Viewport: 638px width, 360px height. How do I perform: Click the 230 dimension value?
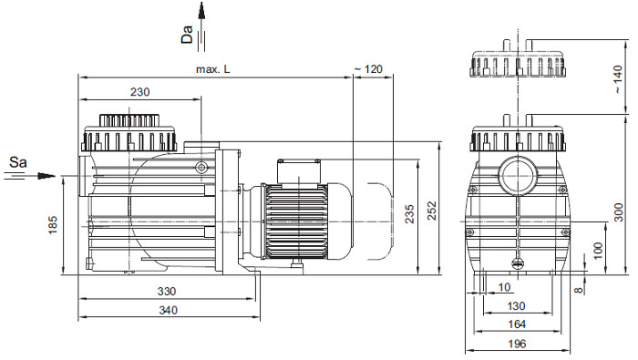point(140,92)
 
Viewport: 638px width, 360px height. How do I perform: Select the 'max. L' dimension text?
point(212,69)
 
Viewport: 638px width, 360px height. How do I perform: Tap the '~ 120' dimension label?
point(368,69)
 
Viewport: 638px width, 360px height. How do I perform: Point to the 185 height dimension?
point(53,225)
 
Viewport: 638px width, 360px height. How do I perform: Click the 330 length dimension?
point(167,292)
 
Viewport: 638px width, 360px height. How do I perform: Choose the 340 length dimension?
point(168,311)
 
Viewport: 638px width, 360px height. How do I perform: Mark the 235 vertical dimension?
point(409,214)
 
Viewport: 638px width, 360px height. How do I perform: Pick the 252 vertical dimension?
point(432,211)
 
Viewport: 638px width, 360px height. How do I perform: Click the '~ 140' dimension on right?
point(618,79)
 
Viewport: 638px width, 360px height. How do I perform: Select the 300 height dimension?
point(619,212)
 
